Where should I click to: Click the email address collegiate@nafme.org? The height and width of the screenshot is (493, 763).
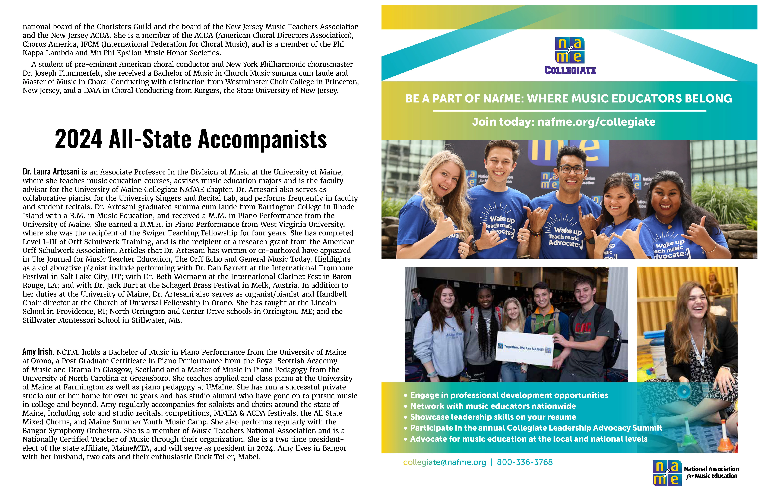(444, 462)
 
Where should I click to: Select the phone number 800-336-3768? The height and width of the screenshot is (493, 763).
(525, 462)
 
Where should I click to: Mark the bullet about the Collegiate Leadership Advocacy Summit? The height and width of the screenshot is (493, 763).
(536, 428)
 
